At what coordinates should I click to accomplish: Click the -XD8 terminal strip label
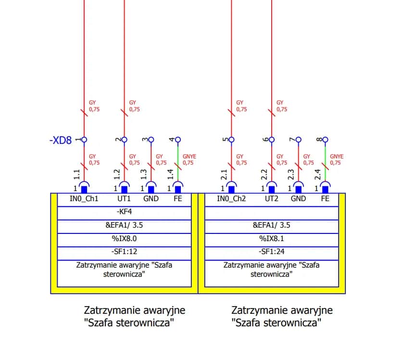tap(61, 141)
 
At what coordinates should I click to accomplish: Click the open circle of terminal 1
tap(84, 140)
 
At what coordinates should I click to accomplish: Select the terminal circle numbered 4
tap(178, 140)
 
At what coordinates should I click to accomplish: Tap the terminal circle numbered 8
tap(326, 140)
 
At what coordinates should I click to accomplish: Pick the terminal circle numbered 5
tap(232, 140)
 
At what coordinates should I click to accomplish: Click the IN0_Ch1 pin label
tap(84, 199)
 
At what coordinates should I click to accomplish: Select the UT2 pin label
tap(272, 199)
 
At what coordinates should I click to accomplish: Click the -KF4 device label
tap(125, 212)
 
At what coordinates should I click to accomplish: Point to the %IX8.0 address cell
tap(125, 238)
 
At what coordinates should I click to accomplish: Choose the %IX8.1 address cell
tap(272, 238)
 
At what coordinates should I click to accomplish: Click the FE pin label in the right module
tap(326, 199)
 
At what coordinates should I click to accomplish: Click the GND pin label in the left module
tap(151, 199)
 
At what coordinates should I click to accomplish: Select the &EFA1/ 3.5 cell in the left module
tap(125, 225)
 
